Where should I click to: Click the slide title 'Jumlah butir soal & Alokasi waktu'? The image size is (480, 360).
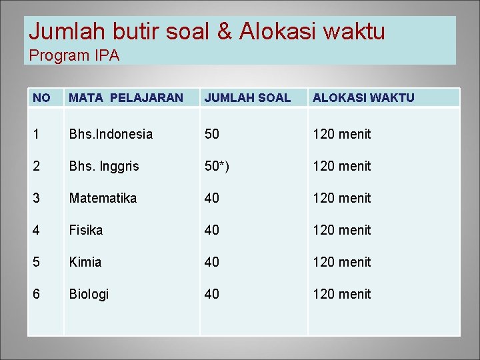tap(207, 31)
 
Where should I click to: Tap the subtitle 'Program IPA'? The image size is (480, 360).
tap(74, 56)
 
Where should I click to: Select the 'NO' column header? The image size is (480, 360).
tap(41, 98)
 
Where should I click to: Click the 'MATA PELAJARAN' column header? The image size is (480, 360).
tap(125, 98)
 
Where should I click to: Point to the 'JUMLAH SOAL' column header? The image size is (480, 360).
tap(247, 98)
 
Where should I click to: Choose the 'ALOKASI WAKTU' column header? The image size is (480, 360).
tap(363, 98)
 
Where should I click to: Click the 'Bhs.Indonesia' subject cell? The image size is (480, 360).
tap(111, 134)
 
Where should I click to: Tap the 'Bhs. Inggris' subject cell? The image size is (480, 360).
tap(104, 166)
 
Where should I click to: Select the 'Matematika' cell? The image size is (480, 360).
tap(103, 198)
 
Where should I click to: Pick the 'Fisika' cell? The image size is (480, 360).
tap(86, 230)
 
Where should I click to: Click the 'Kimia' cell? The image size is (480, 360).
tap(85, 262)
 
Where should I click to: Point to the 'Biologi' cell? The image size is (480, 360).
tap(89, 294)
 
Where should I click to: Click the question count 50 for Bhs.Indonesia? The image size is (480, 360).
tap(212, 134)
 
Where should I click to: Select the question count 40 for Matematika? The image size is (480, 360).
tap(212, 198)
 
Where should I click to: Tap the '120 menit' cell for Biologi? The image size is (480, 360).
tap(341, 294)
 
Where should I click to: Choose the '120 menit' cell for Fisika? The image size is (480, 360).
tap(341, 230)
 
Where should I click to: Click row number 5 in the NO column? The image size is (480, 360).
tap(36, 262)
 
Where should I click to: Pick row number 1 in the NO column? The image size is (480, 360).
tap(36, 134)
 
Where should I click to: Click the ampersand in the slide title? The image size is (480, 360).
tap(223, 31)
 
